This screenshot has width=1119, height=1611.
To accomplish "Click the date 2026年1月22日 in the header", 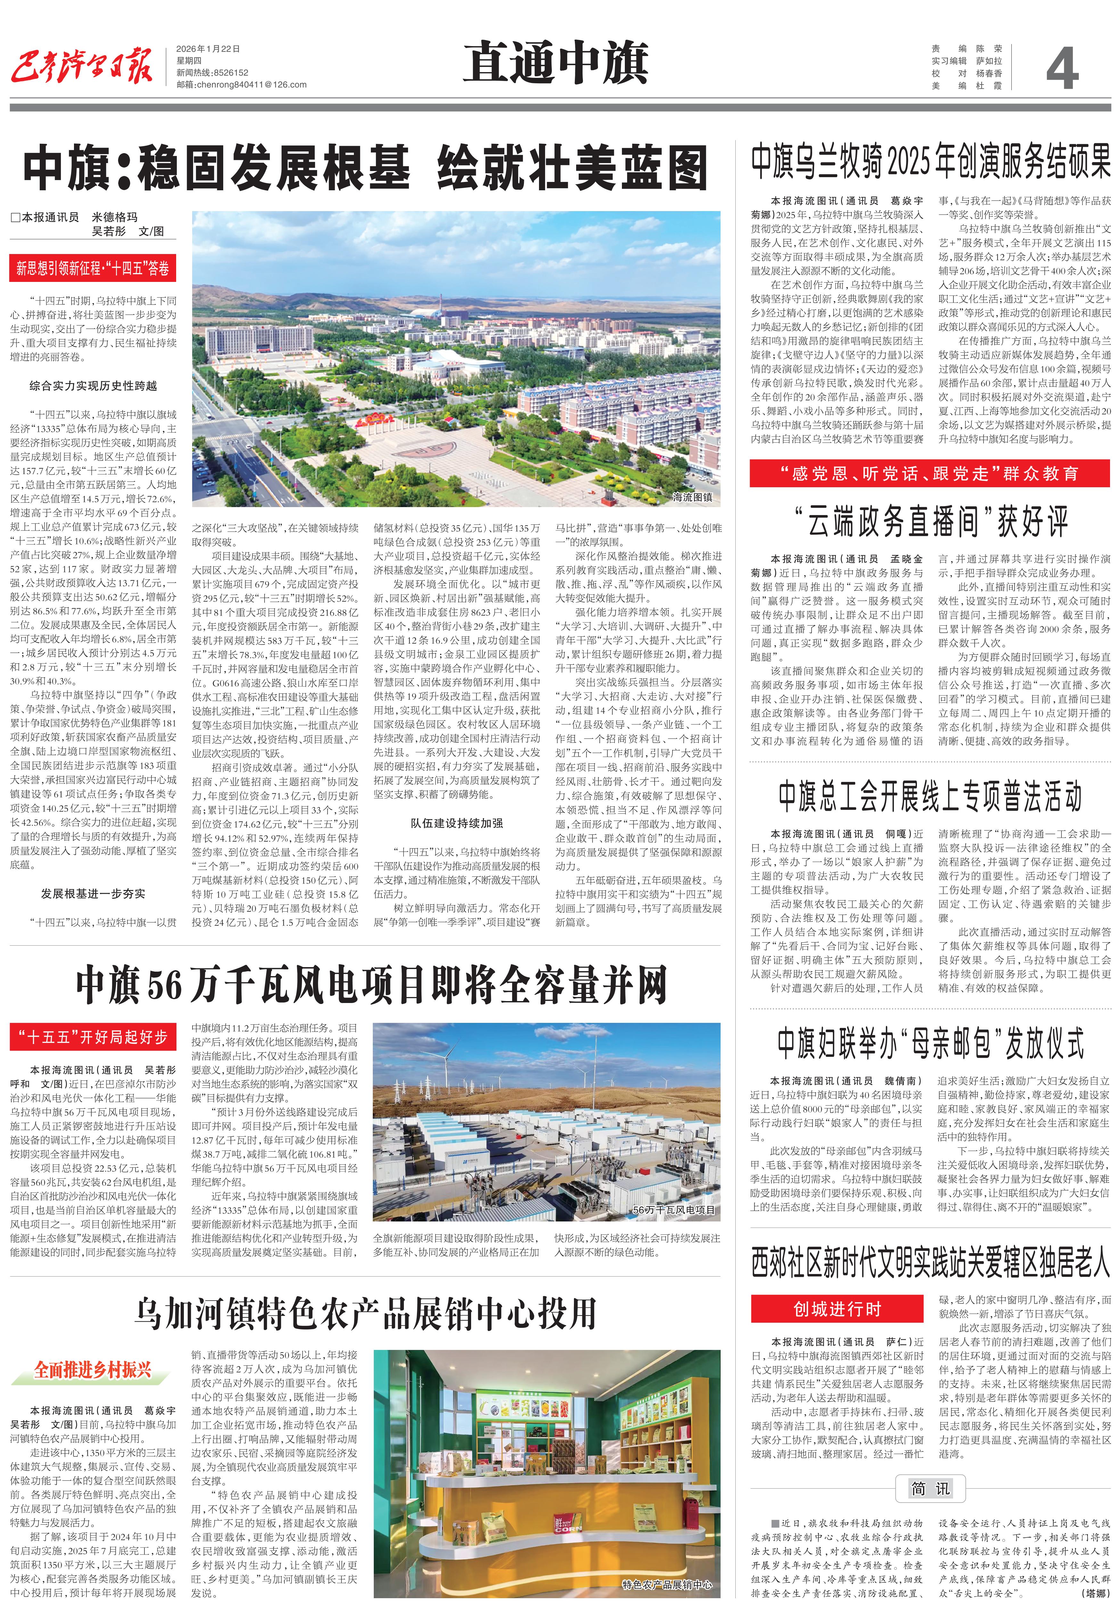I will coord(208,49).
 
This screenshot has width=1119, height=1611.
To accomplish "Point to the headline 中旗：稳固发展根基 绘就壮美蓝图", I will coord(364,168).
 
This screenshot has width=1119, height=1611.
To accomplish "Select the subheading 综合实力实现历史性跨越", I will coord(93,386).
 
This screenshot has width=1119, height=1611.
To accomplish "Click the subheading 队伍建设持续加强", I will coord(456,823).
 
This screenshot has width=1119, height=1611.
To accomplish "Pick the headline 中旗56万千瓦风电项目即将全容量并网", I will coord(372,984).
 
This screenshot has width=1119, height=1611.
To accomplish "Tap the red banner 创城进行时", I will coord(837,1309).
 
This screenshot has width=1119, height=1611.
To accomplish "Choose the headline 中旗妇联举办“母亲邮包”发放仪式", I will coord(930,1043).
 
